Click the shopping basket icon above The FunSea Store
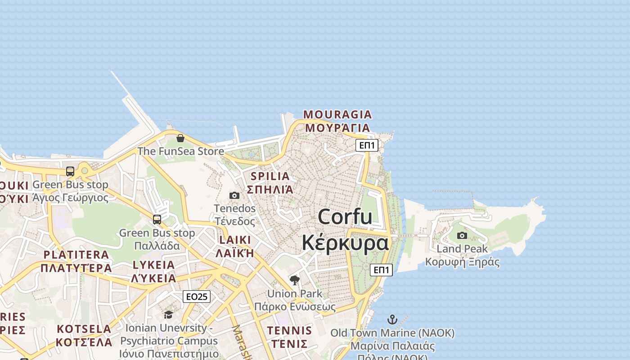click(x=180, y=138)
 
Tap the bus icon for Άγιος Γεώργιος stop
click(x=70, y=171)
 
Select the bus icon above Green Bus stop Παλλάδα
click(x=157, y=220)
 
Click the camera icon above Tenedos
click(x=234, y=195)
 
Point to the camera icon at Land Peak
click(x=462, y=235)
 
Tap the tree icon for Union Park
click(x=295, y=280)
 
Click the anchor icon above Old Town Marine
click(x=392, y=319)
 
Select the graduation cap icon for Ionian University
click(x=168, y=315)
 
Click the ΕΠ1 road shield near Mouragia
click(x=367, y=145)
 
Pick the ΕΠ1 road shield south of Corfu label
click(x=381, y=270)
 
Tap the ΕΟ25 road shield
click(x=197, y=297)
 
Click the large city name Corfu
click(x=345, y=217)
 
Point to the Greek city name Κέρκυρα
click(x=345, y=243)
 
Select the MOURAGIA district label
click(x=337, y=115)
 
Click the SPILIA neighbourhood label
click(x=270, y=176)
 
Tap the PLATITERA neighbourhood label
click(x=76, y=255)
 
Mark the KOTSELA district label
click(x=84, y=329)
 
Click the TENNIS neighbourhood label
click(x=289, y=331)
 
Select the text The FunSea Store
click(x=180, y=151)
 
